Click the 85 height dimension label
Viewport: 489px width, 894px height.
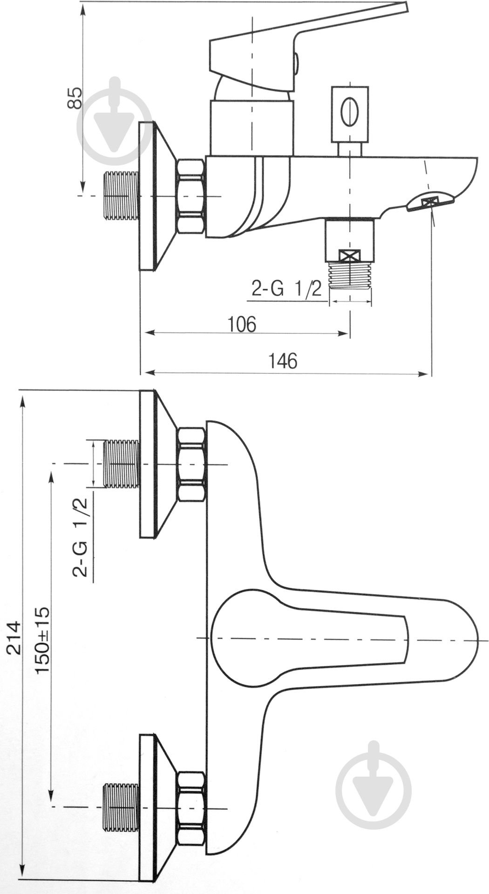pyautogui.click(x=75, y=98)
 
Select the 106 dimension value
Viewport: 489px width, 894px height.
pyautogui.click(x=242, y=324)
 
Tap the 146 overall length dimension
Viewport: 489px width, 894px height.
pyautogui.click(x=283, y=361)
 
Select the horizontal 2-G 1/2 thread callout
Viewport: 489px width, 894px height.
pyautogui.click(x=286, y=290)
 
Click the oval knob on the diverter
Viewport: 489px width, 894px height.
pyautogui.click(x=349, y=111)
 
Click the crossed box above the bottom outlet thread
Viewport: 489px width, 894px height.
pyautogui.click(x=350, y=256)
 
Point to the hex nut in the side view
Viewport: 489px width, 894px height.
pyautogui.click(x=191, y=196)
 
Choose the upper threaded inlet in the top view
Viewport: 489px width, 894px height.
pyautogui.click(x=121, y=464)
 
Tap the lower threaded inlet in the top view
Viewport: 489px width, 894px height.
pyautogui.click(x=120, y=806)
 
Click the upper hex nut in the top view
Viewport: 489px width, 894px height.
pyautogui.click(x=191, y=464)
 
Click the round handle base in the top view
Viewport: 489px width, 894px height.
pyautogui.click(x=242, y=638)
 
